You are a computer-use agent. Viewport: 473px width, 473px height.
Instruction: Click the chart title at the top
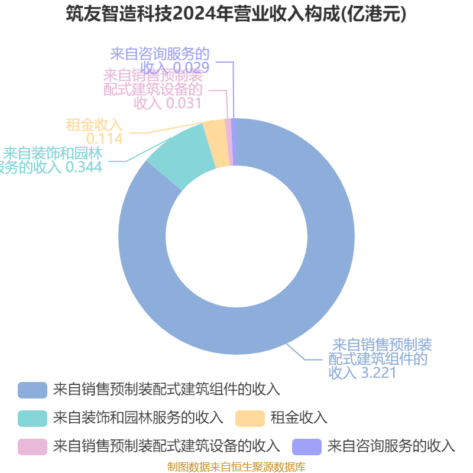pyautogui.click(x=237, y=14)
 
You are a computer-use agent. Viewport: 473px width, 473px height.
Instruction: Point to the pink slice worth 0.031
pyautogui.click(x=228, y=142)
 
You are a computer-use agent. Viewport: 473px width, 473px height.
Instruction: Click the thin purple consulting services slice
pyautogui.click(x=234, y=142)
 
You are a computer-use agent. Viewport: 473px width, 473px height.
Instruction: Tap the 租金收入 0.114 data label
pyautogui.click(x=95, y=131)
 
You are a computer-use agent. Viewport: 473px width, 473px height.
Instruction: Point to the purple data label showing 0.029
pyautogui.click(x=160, y=60)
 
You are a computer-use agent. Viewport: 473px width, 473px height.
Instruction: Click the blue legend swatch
pyautogui.click(x=33, y=390)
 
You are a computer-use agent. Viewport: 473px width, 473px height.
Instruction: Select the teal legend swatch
pyautogui.click(x=33, y=418)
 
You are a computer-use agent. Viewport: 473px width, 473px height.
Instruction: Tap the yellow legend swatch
pyautogui.click(x=250, y=418)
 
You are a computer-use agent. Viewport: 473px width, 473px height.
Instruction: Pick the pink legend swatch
pyautogui.click(x=33, y=446)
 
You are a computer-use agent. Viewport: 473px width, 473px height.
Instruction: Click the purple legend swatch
pyautogui.click(x=307, y=446)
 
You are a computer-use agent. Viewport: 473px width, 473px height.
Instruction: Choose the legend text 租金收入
pyautogui.click(x=299, y=418)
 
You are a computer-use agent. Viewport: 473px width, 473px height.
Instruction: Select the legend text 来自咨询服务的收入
pyautogui.click(x=391, y=446)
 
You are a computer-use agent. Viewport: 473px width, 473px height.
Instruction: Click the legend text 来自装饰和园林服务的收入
pyautogui.click(x=138, y=418)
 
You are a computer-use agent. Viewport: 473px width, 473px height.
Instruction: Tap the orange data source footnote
pyautogui.click(x=237, y=467)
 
